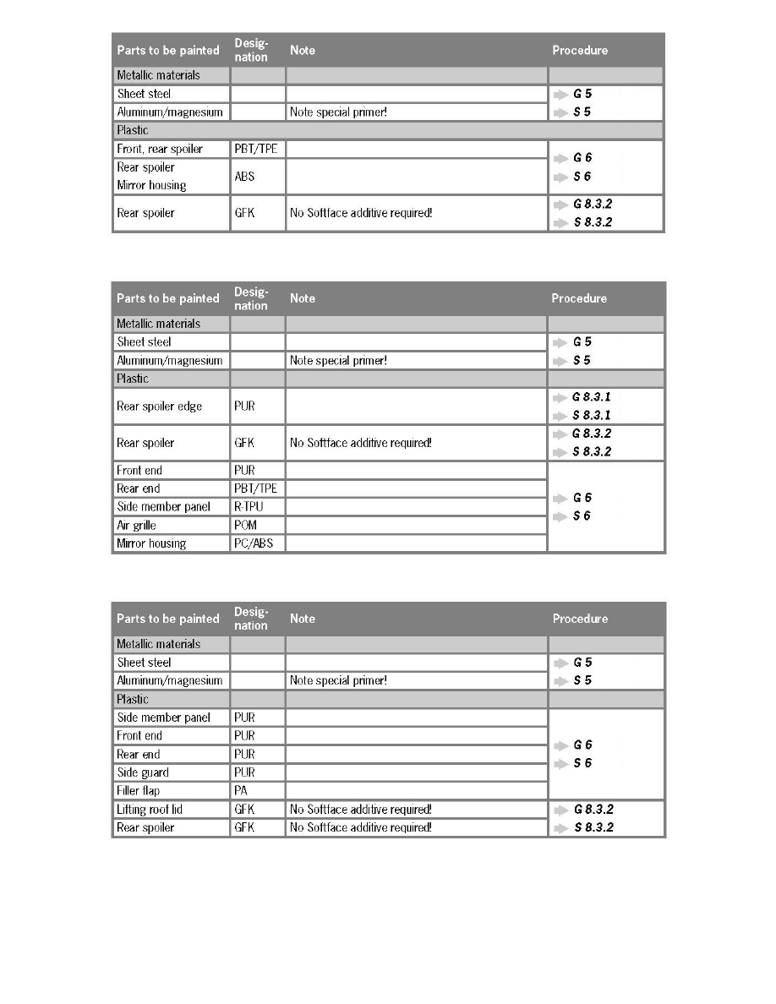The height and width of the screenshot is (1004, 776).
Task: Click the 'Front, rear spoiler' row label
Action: tap(160, 150)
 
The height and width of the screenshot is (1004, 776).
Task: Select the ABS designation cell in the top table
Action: tap(245, 177)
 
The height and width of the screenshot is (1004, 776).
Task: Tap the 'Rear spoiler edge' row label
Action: tap(160, 407)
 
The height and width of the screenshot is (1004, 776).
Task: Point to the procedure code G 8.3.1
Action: tap(592, 397)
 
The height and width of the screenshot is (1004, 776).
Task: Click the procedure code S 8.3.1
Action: tap(592, 415)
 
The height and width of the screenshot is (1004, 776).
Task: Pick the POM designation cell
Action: tap(245, 526)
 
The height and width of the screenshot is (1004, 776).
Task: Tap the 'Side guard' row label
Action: tap(143, 772)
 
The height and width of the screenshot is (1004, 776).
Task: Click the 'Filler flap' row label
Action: tap(139, 791)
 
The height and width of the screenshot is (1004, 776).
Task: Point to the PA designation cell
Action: tap(241, 791)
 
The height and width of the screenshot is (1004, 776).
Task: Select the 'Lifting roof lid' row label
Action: tap(150, 810)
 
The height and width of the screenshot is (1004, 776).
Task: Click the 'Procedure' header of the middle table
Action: tap(579, 298)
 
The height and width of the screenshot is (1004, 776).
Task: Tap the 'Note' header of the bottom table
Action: tap(303, 619)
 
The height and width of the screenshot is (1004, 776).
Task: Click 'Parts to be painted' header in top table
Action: tap(168, 50)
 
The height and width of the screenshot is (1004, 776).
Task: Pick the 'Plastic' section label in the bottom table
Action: tap(133, 700)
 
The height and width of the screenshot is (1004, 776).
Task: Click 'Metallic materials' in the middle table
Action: tap(159, 324)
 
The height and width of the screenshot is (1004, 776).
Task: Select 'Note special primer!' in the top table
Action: tap(339, 112)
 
